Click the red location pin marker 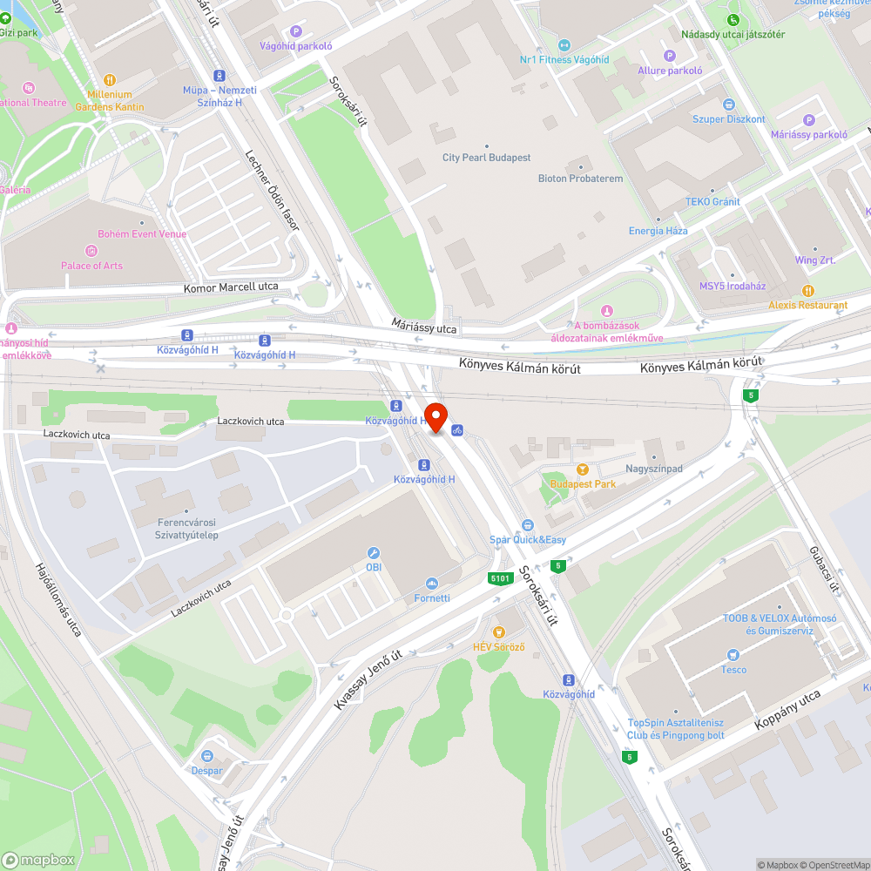coord(435,416)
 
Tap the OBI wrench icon coord(374,552)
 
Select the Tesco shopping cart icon coord(733,654)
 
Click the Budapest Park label coord(583,483)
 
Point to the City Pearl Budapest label coord(486,158)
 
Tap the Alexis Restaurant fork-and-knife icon coord(807,290)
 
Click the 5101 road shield coord(500,578)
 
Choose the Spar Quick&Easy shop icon coord(527,525)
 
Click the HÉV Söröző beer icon coord(498,631)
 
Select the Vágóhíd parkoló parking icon coord(295,30)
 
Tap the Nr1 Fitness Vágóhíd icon coord(564,44)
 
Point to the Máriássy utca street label coord(424,328)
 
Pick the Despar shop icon coord(207,756)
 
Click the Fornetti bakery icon coord(431,584)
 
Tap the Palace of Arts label coord(91,266)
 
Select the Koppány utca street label coord(787,710)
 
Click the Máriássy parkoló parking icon coord(808,120)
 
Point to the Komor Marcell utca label coord(231,287)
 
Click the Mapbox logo coord(39,859)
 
